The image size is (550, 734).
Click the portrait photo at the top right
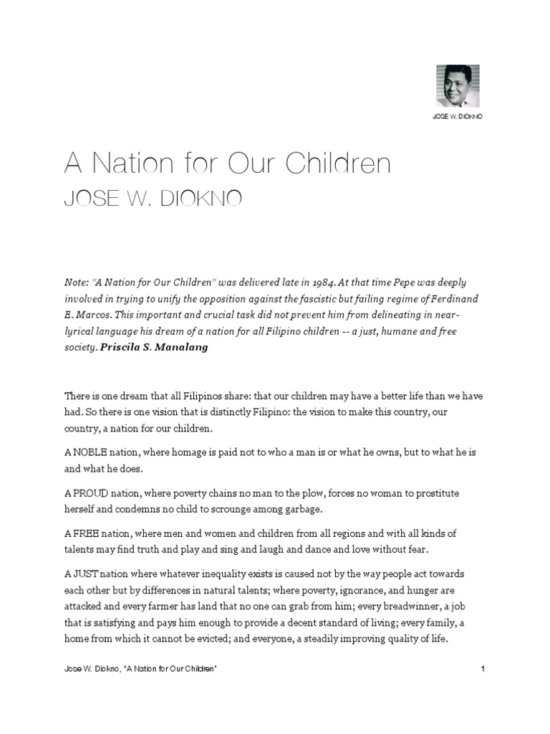click(x=457, y=85)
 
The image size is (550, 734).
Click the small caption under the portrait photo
click(x=457, y=117)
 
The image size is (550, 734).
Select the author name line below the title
click(x=153, y=199)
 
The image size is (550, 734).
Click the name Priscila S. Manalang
click(x=150, y=348)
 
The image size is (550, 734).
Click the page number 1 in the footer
click(x=484, y=669)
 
